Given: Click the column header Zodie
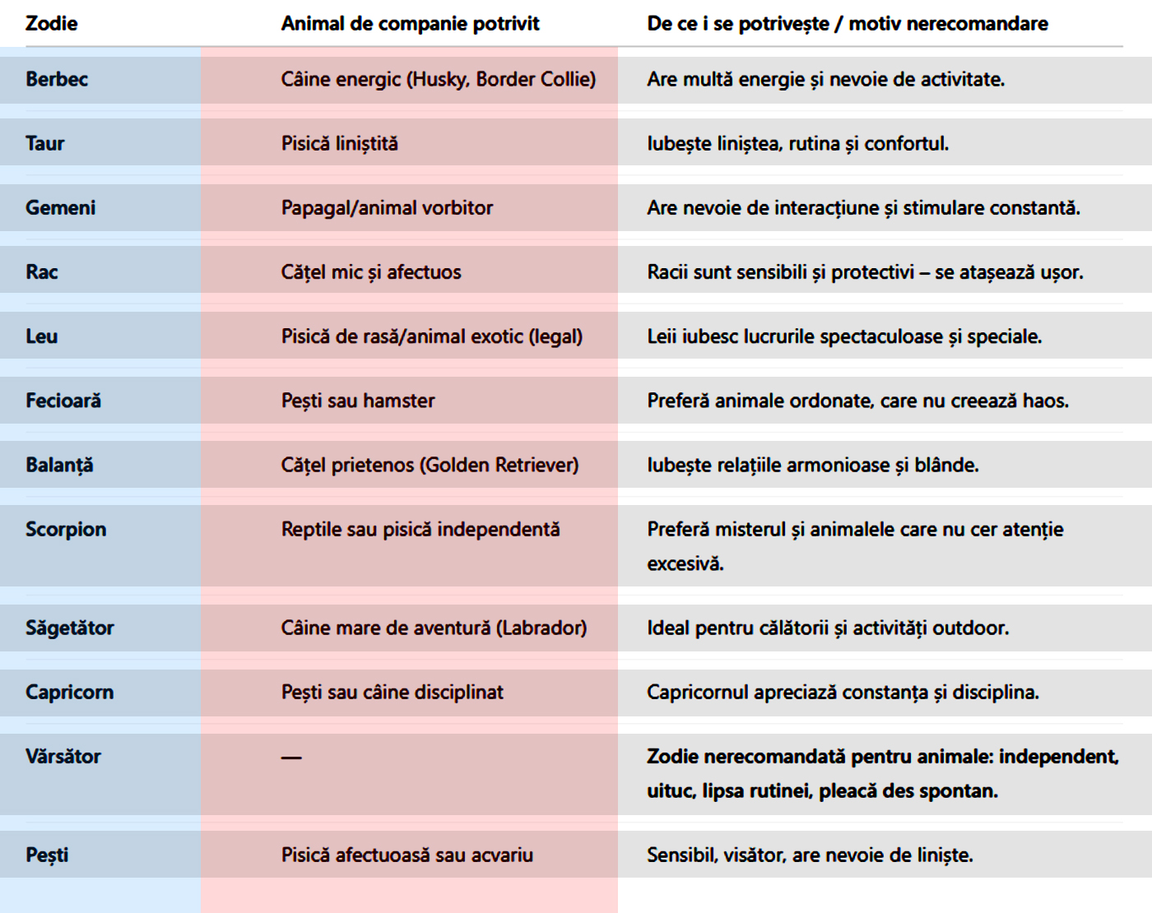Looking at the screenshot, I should (51, 24).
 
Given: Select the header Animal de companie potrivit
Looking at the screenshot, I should (410, 24).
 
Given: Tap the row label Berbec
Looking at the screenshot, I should (56, 80).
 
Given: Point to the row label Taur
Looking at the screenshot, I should (44, 144).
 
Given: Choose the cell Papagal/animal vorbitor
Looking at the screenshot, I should (387, 208).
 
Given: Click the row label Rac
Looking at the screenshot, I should (41, 272).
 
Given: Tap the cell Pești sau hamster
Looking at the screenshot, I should (358, 401).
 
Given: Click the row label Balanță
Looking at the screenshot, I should (59, 466).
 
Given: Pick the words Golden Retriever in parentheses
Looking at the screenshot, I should (499, 466).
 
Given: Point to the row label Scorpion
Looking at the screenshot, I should (66, 530).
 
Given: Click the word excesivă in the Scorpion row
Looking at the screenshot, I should (685, 564).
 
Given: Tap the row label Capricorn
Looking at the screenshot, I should (69, 693).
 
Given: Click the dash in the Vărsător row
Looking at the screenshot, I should (291, 758).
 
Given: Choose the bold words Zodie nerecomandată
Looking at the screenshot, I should (746, 757).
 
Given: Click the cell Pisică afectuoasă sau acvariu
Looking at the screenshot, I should (406, 855).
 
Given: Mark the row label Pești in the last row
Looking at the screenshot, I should (47, 855).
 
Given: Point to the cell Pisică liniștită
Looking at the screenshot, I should (339, 144).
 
